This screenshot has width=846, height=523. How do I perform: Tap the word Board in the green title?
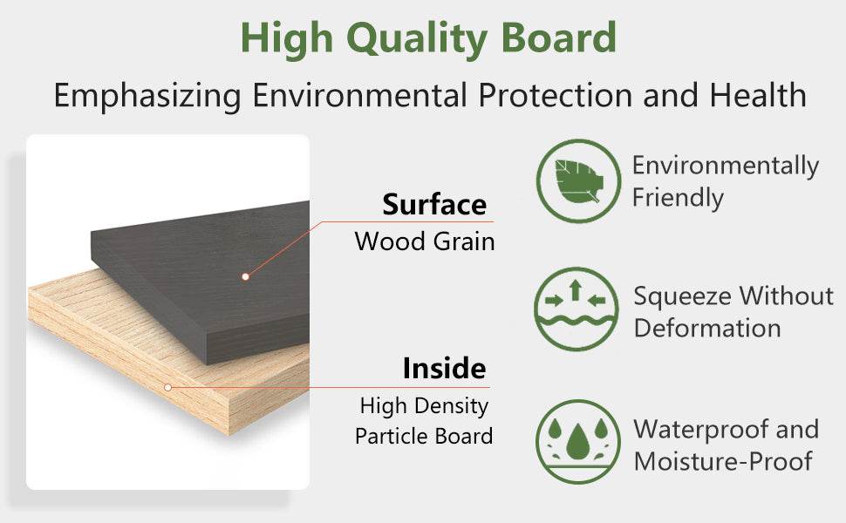click(x=559, y=37)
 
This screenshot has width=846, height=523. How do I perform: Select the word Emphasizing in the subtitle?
click(x=147, y=97)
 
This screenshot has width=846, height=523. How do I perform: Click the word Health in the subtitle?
click(x=758, y=95)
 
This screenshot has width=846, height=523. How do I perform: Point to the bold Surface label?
click(x=434, y=205)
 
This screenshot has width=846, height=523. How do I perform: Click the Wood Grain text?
click(x=425, y=241)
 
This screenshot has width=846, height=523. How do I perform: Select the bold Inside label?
click(x=444, y=368)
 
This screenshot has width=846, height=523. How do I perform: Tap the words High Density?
click(x=424, y=406)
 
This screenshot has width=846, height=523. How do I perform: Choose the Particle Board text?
click(x=424, y=436)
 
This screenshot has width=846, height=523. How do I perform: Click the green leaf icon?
click(x=578, y=181)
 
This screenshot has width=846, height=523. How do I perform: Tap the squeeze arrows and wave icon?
click(x=577, y=309)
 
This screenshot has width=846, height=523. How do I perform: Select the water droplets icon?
click(x=578, y=442)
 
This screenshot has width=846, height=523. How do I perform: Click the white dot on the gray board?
click(x=245, y=276)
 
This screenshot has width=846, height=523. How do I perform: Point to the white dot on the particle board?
click(x=167, y=387)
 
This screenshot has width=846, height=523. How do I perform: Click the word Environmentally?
click(x=726, y=166)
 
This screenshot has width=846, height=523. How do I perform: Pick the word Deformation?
click(x=707, y=328)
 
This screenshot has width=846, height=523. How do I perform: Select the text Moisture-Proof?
click(x=723, y=461)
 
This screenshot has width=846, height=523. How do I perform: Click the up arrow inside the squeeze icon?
click(x=576, y=290)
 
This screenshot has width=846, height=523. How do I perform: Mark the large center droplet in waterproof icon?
click(x=578, y=442)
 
